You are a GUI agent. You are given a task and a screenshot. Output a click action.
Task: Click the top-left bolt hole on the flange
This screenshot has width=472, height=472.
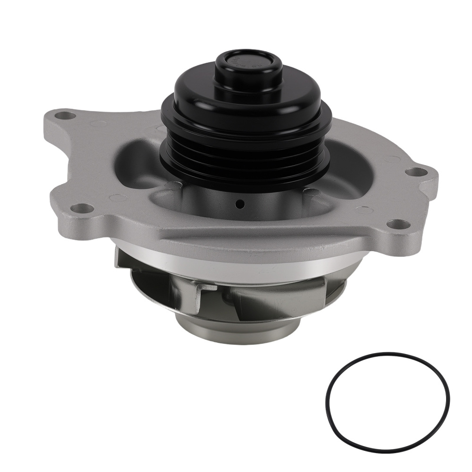[x=66, y=115]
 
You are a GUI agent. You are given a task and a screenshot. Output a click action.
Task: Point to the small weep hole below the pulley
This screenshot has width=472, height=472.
[x=241, y=204]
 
